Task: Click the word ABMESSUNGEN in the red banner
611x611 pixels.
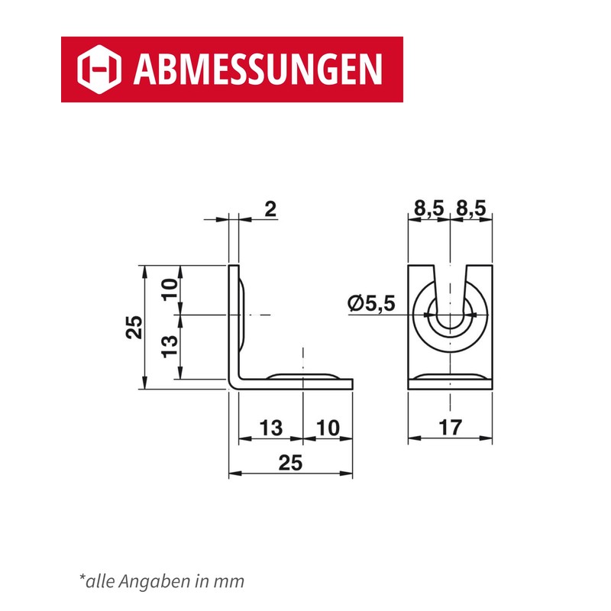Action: tap(258, 70)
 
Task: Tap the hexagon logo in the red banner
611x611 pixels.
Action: tap(99, 70)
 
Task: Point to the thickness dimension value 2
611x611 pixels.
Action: tap(270, 209)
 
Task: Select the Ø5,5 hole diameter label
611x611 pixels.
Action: tap(371, 303)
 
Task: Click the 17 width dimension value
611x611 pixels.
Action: tap(451, 428)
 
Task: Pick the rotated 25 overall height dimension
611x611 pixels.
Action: tap(134, 327)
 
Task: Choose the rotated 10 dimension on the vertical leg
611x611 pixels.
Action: tap(170, 289)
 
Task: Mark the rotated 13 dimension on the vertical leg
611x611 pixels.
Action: tap(170, 347)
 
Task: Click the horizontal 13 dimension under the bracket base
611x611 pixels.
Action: tap(271, 428)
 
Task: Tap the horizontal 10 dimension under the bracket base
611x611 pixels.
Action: tap(328, 428)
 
